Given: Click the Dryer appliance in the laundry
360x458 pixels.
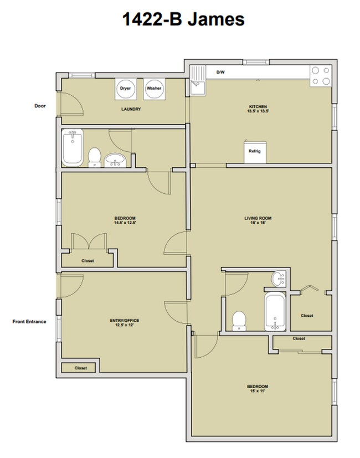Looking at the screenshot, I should [x=125, y=89].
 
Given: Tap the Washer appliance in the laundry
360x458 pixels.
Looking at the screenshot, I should [x=154, y=89].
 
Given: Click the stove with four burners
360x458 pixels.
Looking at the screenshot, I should [x=319, y=76].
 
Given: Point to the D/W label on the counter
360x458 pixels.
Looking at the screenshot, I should [x=220, y=73].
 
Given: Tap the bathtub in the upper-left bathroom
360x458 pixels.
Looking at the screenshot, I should [x=73, y=147].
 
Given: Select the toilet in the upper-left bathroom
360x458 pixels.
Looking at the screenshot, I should [x=94, y=157].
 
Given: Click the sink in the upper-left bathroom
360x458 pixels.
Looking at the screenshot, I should [x=116, y=160].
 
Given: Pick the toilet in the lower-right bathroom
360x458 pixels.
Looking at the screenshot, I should [x=239, y=320].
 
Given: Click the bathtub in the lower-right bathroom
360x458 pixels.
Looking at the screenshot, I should [x=274, y=311].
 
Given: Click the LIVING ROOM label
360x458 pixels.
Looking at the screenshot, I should [x=258, y=218].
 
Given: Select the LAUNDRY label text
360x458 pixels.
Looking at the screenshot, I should [x=131, y=109].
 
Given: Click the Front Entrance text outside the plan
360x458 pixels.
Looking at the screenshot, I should [x=28, y=321].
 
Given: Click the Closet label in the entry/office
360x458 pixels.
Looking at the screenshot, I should [x=81, y=368].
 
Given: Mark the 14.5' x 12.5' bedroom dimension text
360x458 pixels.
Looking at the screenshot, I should [x=125, y=223].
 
